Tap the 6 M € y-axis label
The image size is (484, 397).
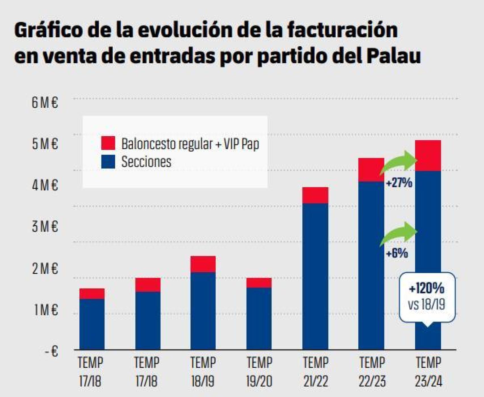45,102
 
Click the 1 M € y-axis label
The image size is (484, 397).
45,310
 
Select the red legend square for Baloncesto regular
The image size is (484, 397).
108,143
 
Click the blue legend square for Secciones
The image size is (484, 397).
108,162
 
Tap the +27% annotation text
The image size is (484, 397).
399,183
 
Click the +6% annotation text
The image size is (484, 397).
397,253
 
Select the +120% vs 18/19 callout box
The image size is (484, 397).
427,297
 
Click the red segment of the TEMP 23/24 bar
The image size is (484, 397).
428,155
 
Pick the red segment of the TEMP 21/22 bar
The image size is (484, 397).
315,195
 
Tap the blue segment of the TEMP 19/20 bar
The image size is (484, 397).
259,318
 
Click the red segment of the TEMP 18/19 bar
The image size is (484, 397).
203,264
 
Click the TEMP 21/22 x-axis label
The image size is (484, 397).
315,372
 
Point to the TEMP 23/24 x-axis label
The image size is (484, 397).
428,372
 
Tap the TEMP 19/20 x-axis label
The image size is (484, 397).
259,372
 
